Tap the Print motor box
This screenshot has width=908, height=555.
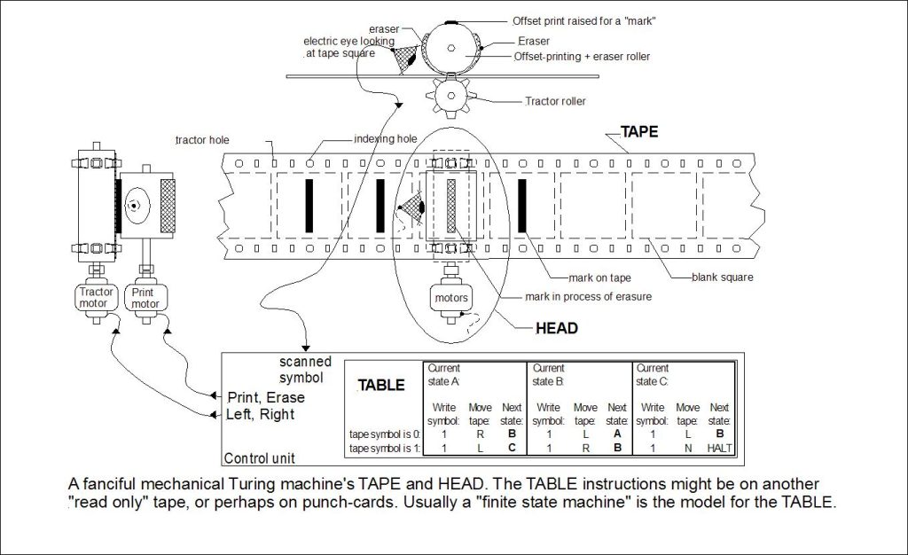coord(145,297)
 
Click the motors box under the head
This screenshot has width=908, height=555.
coord(450,297)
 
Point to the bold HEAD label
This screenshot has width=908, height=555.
coord(557,328)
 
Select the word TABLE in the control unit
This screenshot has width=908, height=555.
coord(382,386)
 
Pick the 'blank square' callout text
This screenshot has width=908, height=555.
coord(723,277)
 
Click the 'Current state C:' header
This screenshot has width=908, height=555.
coord(654,373)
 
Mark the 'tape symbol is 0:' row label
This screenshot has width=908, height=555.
coord(382,434)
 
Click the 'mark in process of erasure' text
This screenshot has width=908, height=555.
coord(575,297)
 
